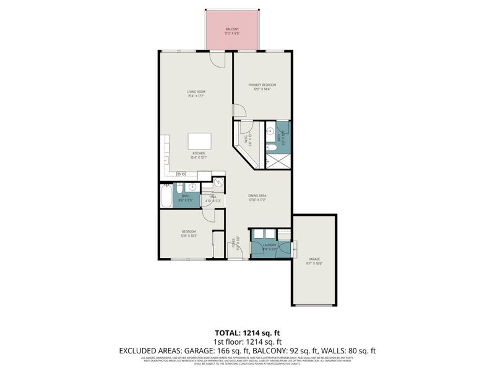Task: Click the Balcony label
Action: coord(232,29)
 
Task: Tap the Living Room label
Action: coord(196,92)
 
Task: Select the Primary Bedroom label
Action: coord(262,85)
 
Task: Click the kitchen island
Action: coord(199,140)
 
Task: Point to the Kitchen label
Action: coord(198,153)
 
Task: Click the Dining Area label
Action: coord(258,195)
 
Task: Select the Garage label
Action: coord(314,259)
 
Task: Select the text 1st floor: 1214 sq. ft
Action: coord(247,342)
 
